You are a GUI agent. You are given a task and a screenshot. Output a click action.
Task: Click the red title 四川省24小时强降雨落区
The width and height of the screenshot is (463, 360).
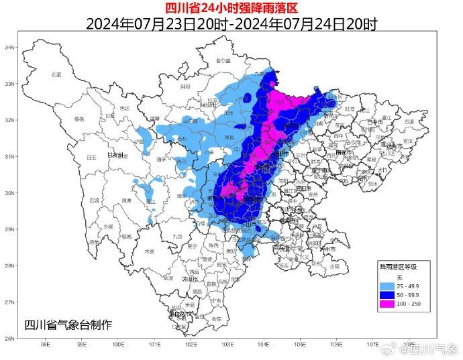232,7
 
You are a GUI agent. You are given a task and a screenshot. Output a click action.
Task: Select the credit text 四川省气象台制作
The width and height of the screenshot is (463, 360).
68,325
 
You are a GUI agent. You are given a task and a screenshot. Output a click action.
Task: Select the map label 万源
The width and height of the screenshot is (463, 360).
409,122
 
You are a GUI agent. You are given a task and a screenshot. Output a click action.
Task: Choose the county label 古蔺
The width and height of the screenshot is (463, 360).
334,266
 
